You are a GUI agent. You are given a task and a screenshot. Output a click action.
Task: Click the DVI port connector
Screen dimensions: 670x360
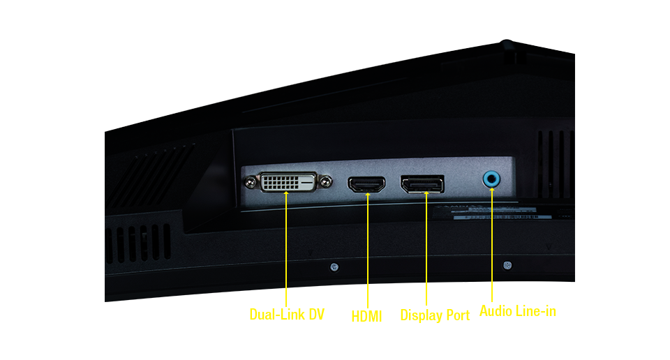[288, 182]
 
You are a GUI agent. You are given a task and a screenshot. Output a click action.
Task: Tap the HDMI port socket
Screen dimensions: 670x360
[366, 184]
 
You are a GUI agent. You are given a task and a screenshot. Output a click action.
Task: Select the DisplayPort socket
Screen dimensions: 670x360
[422, 183]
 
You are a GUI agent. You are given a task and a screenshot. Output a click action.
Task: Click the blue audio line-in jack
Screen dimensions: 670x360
[491, 179]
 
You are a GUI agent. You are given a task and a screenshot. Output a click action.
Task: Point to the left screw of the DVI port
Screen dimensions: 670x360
[251, 183]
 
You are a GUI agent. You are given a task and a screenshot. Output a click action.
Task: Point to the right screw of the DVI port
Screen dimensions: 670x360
[326, 181]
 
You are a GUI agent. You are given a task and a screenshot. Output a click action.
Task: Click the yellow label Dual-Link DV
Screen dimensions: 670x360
[287, 315]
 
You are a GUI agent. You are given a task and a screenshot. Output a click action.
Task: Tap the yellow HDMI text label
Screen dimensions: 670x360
[366, 317]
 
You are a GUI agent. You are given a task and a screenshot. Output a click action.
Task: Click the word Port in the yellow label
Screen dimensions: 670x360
[458, 315]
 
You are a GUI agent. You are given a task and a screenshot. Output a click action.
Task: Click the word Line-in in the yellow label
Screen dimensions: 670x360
[536, 310]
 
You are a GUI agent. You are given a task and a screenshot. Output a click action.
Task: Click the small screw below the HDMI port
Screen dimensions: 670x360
[334, 267]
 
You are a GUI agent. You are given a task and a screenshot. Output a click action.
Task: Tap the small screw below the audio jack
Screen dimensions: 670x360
[507, 265]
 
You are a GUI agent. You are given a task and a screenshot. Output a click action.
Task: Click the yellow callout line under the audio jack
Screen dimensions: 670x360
[492, 244]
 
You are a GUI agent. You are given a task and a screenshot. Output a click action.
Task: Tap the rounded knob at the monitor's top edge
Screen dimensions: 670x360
[507, 44]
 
